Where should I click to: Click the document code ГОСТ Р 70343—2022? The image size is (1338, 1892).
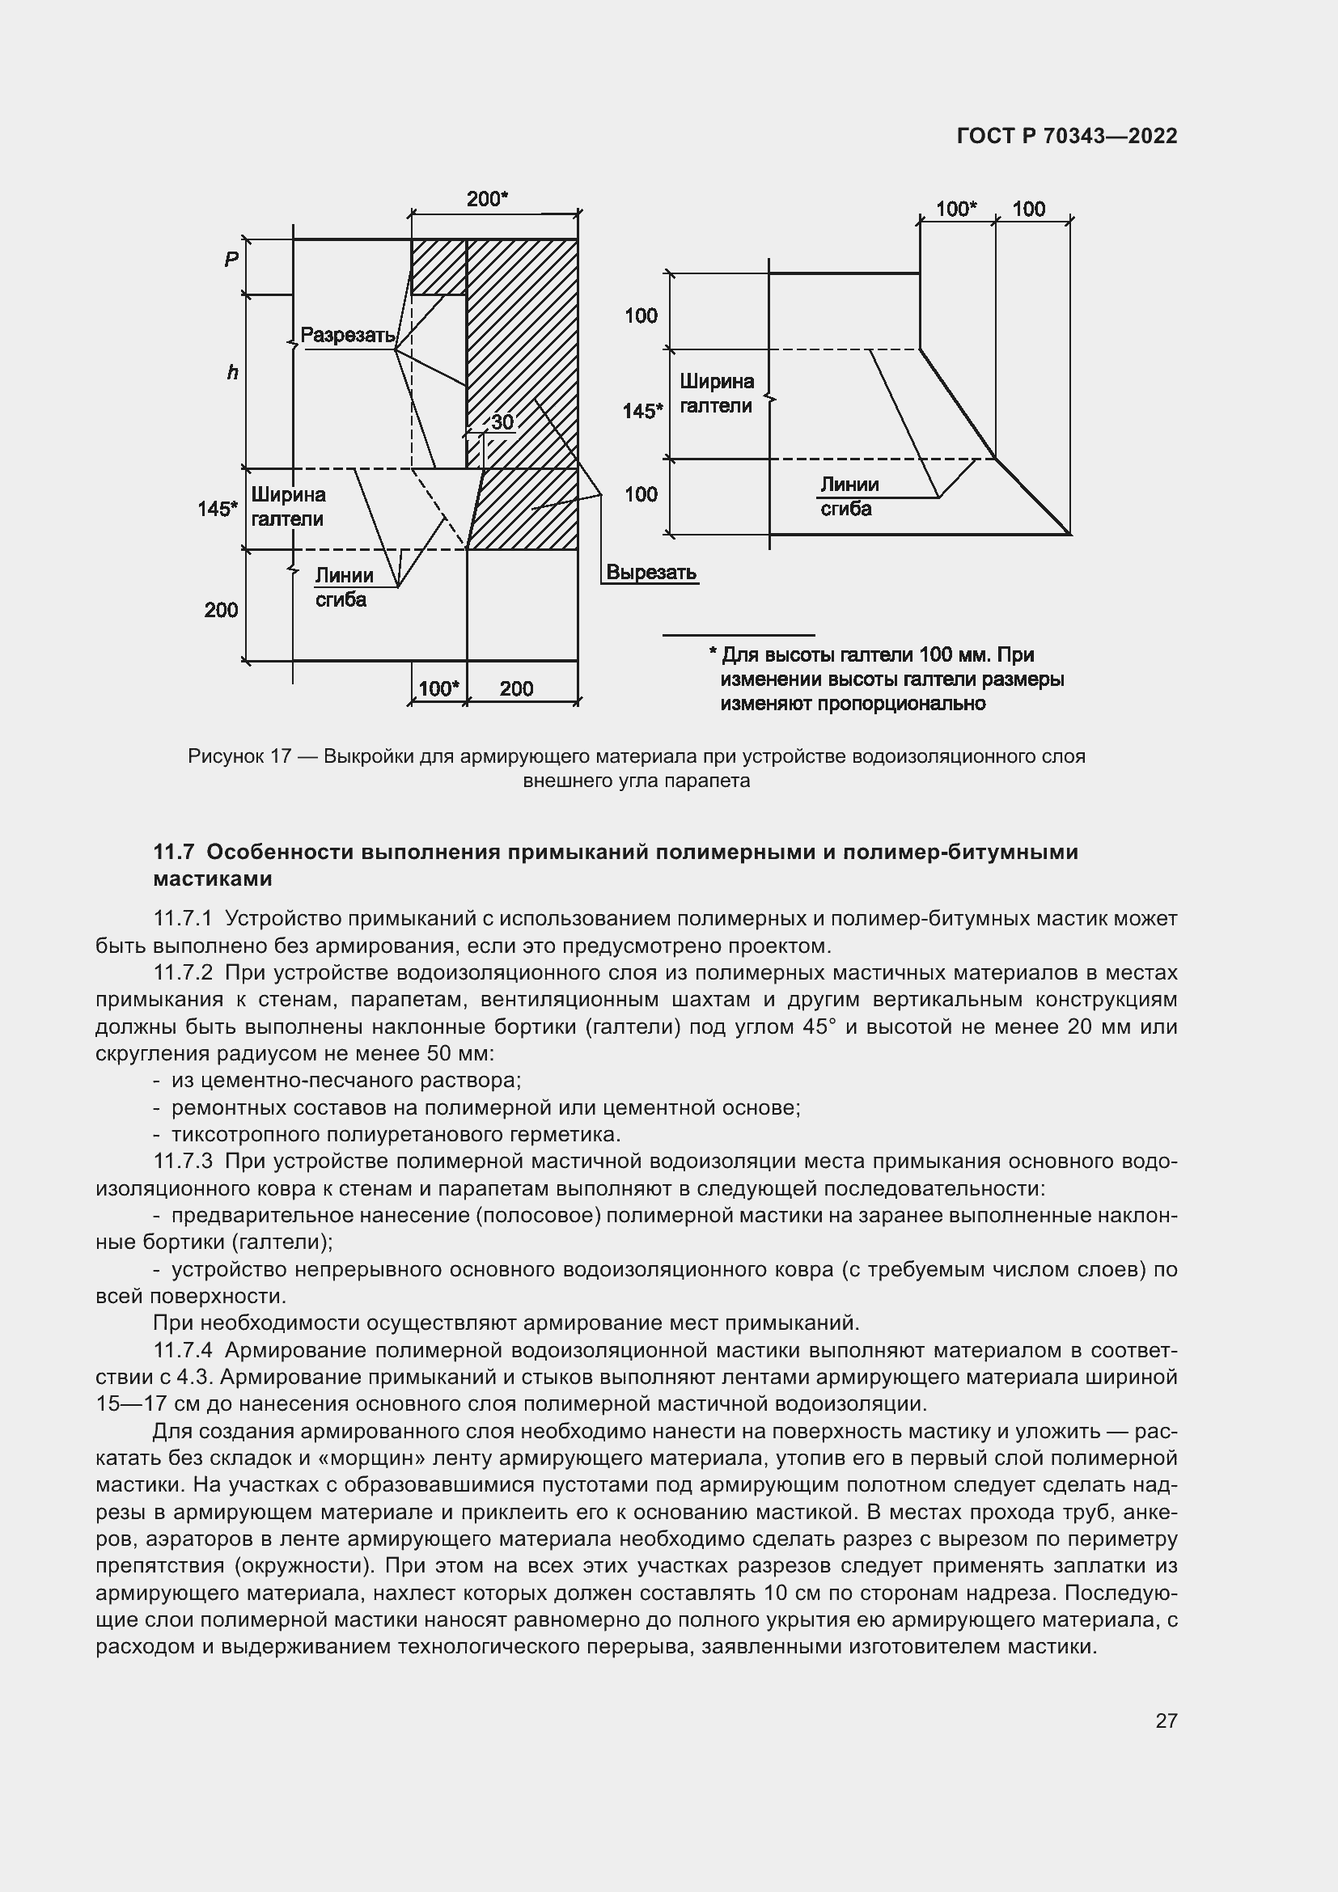tap(1066, 136)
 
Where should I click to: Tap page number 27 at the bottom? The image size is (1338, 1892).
tap(1166, 1721)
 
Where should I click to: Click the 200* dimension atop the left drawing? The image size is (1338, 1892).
tap(487, 199)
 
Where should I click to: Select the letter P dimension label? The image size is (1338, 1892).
tap(231, 260)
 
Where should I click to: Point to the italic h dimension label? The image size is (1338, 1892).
tap(232, 373)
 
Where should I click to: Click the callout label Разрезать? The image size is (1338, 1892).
tap(348, 336)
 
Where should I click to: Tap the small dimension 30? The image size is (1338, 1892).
tap(502, 423)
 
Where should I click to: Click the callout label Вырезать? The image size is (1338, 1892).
tap(651, 572)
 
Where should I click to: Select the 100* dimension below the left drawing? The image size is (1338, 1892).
tap(438, 689)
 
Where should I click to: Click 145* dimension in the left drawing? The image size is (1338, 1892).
tap(218, 510)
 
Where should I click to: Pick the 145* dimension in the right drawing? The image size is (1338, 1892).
tap(642, 410)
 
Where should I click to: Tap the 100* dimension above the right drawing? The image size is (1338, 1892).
tap(955, 209)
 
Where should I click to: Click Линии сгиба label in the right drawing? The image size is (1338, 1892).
tap(849, 497)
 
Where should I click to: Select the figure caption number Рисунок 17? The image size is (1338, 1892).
tap(239, 756)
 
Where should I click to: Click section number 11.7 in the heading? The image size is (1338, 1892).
tap(173, 851)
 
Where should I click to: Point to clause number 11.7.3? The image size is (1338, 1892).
tap(183, 1161)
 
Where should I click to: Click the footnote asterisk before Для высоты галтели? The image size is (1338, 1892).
tap(713, 654)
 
